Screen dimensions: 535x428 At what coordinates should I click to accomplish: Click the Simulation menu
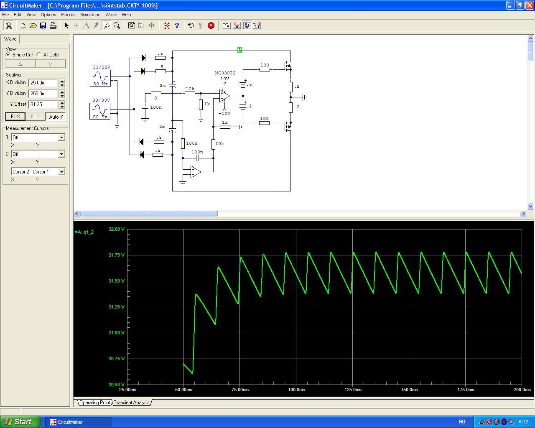click(x=90, y=15)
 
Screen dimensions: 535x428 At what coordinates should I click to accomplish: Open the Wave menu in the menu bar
click(x=111, y=15)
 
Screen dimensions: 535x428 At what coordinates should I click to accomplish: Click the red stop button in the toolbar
click(x=211, y=25)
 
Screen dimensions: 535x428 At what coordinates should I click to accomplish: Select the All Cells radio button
click(x=39, y=55)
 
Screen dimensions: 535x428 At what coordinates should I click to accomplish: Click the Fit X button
click(x=15, y=116)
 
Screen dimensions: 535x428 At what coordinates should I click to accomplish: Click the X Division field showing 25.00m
click(x=43, y=83)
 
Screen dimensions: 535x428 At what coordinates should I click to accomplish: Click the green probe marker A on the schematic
click(x=239, y=50)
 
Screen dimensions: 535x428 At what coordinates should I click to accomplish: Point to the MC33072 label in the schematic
click(x=225, y=73)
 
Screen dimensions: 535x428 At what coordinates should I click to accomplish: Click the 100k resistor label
click(x=192, y=143)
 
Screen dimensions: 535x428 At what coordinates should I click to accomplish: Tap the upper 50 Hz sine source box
click(x=100, y=78)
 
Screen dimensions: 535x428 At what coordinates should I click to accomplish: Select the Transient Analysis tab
click(x=132, y=403)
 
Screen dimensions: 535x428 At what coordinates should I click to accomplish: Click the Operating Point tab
click(x=94, y=403)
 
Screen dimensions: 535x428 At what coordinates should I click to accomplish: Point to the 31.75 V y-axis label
click(x=116, y=255)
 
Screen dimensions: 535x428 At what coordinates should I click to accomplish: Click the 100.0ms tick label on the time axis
click(x=296, y=390)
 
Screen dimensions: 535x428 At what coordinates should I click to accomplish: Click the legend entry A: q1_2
click(x=84, y=232)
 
